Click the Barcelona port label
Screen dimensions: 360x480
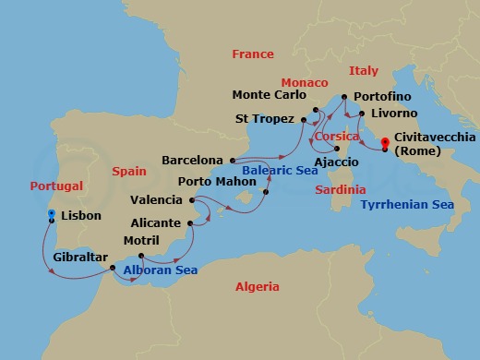(x=192, y=159)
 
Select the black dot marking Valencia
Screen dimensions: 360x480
(x=191, y=200)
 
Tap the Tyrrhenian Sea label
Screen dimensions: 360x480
(x=407, y=204)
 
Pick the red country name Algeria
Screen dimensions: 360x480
(x=257, y=287)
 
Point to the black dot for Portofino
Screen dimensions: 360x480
(x=343, y=97)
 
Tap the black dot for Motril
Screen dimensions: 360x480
(x=142, y=255)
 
